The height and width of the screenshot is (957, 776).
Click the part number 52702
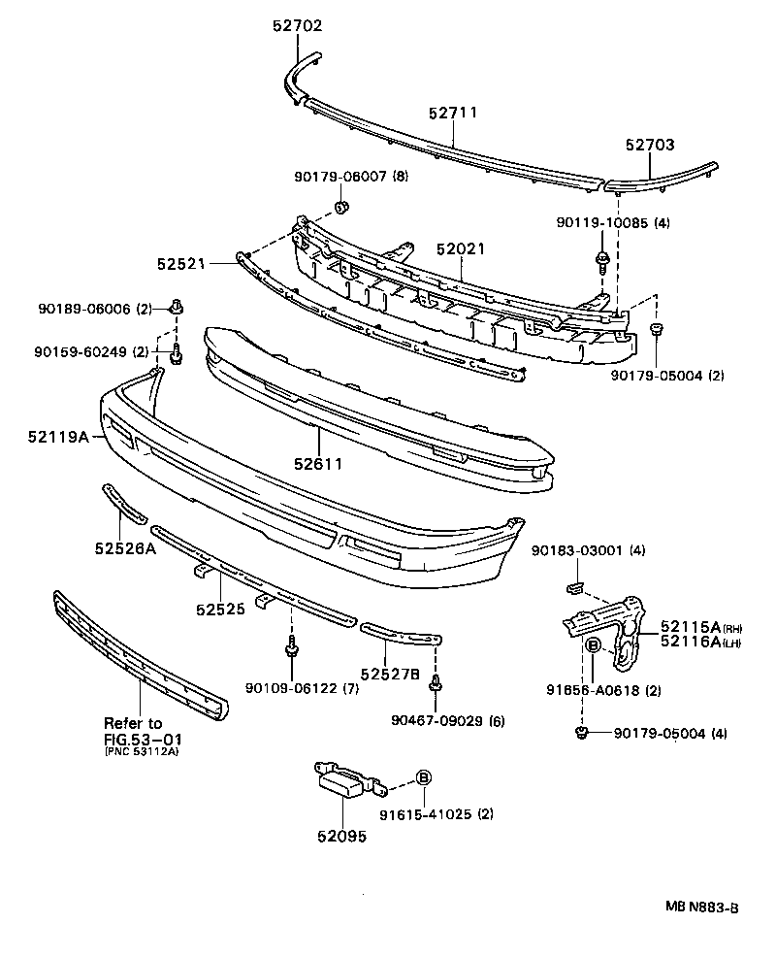click(x=297, y=26)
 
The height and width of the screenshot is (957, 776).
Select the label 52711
click(x=453, y=113)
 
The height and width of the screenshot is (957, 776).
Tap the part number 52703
click(x=649, y=145)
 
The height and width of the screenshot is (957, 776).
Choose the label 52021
click(x=460, y=249)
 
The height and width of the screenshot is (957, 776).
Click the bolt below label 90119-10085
click(x=604, y=258)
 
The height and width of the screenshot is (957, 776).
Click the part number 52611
click(x=317, y=464)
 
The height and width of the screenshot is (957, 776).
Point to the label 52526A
click(x=126, y=548)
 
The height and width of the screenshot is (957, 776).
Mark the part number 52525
click(x=220, y=610)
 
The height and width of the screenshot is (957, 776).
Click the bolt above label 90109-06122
click(x=291, y=647)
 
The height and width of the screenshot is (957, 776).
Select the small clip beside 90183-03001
click(x=573, y=587)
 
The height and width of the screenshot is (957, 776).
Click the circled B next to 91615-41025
click(x=424, y=777)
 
